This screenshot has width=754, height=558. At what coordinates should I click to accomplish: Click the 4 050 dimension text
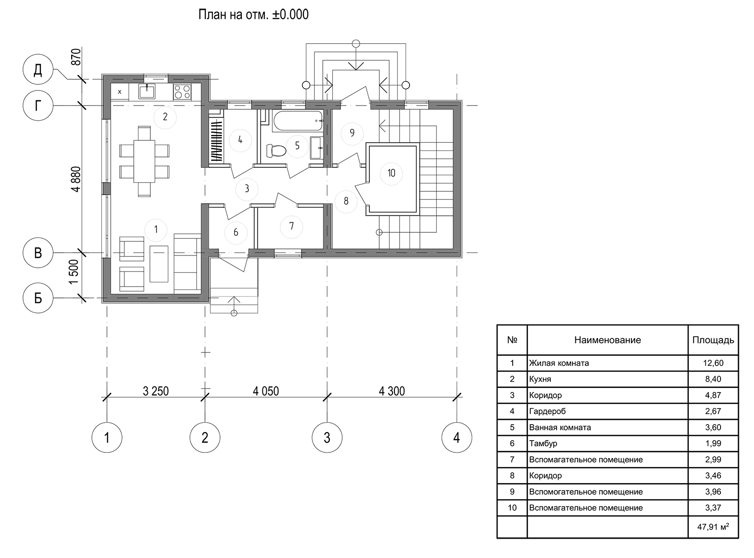[x=266, y=391]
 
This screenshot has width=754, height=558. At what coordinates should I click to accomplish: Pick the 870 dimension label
[x=77, y=57]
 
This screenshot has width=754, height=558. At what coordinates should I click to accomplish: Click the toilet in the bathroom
[x=276, y=151]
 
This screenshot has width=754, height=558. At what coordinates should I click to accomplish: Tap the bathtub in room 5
[x=297, y=120]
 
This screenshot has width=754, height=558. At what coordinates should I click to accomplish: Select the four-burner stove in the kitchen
[x=182, y=92]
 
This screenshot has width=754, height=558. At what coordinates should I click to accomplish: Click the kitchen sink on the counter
[x=147, y=91]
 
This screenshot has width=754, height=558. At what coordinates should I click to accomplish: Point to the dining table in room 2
[x=144, y=162]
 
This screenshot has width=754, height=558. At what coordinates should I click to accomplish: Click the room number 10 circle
[x=391, y=173]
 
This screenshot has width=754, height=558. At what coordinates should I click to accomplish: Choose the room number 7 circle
[x=291, y=226]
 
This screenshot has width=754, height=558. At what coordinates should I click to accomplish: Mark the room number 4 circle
[x=240, y=140]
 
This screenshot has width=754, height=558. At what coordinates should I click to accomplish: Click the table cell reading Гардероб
[x=547, y=411]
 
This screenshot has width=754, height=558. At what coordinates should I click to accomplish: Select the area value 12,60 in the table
[x=713, y=363]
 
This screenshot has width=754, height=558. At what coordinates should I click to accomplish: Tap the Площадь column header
[x=713, y=340]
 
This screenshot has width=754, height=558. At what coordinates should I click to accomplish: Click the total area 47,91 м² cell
[x=713, y=527]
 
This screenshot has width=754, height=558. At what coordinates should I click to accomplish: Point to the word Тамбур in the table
[x=543, y=443]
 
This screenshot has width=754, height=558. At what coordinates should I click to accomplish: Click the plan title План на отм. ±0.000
[x=253, y=15]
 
